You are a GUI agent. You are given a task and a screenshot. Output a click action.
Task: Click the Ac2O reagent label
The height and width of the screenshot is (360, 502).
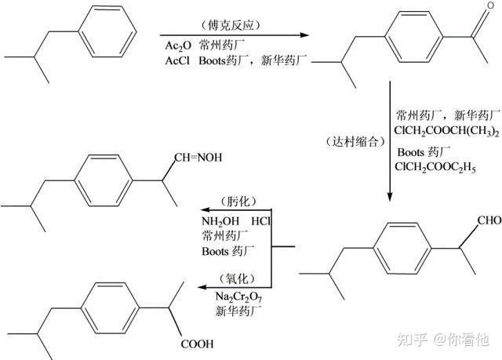coord(178,45)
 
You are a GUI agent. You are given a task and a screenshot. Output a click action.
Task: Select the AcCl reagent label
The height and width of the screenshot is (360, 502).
coord(177,60)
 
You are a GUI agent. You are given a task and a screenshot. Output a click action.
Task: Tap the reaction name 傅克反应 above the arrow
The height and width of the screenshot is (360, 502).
coord(231,25)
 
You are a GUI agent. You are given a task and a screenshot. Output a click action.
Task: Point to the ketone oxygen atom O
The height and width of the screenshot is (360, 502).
coord(490,5)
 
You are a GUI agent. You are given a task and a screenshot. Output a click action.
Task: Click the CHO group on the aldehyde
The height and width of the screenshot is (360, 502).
coord(489,220)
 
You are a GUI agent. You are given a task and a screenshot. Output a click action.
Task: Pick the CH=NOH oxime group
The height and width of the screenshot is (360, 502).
coord(198,158)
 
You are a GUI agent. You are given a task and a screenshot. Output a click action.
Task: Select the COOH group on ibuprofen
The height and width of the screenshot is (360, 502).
coord(197,344)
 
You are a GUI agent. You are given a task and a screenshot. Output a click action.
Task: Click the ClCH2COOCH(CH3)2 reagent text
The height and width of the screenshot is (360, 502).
coord(446,131)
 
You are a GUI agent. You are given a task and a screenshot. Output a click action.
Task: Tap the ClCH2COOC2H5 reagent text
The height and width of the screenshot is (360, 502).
coord(435,167)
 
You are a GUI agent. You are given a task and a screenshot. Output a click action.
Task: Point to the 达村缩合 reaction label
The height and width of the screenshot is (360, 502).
coord(355,141)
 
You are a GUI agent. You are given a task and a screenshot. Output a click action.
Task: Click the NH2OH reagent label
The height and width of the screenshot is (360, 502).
coord(220,221)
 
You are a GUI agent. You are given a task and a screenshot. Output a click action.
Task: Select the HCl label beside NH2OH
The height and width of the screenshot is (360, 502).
coord(260,221)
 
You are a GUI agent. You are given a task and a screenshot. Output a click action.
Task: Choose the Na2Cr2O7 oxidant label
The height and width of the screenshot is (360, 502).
coord(238,297)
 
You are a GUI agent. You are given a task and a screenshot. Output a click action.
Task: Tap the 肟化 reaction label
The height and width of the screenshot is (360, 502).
coord(238,202)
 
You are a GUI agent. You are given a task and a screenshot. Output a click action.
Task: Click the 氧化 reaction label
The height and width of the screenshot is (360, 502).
coord(237,279)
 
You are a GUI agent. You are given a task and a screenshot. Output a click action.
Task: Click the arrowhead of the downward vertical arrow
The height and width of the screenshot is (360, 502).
coord(390,197)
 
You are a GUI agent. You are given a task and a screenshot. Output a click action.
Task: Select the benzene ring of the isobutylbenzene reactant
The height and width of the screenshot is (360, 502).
coord(107,31)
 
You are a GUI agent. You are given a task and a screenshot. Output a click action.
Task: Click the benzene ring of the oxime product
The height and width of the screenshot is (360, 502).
coord(103,180)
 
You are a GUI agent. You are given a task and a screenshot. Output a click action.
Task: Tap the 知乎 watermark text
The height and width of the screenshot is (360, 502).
coord(412,340)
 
